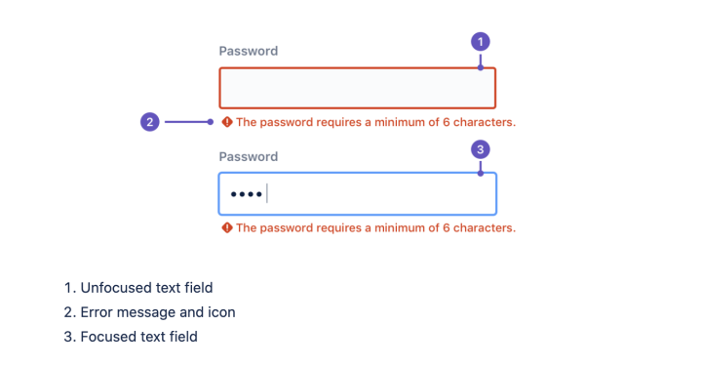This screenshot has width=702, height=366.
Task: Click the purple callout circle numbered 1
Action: click(481, 42)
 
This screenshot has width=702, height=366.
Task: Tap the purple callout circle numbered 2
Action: click(150, 122)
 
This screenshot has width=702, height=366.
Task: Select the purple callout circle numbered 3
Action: click(481, 149)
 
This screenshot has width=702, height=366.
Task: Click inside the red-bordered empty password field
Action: click(357, 88)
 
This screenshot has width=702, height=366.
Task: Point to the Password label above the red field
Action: click(249, 51)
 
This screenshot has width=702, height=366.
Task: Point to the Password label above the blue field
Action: click(249, 157)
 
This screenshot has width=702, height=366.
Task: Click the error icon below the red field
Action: click(227, 122)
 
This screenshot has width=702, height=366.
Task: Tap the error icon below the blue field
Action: click(227, 227)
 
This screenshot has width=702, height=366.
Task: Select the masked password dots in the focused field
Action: click(247, 194)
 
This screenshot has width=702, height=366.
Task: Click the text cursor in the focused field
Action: click(267, 193)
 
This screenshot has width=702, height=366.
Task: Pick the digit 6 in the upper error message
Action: click(447, 122)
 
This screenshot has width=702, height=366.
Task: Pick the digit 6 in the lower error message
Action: click(447, 228)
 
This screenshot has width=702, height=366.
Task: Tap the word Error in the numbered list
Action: click(97, 312)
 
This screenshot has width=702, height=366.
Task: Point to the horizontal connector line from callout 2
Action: click(186, 122)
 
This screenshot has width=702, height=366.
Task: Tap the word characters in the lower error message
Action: click(485, 228)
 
